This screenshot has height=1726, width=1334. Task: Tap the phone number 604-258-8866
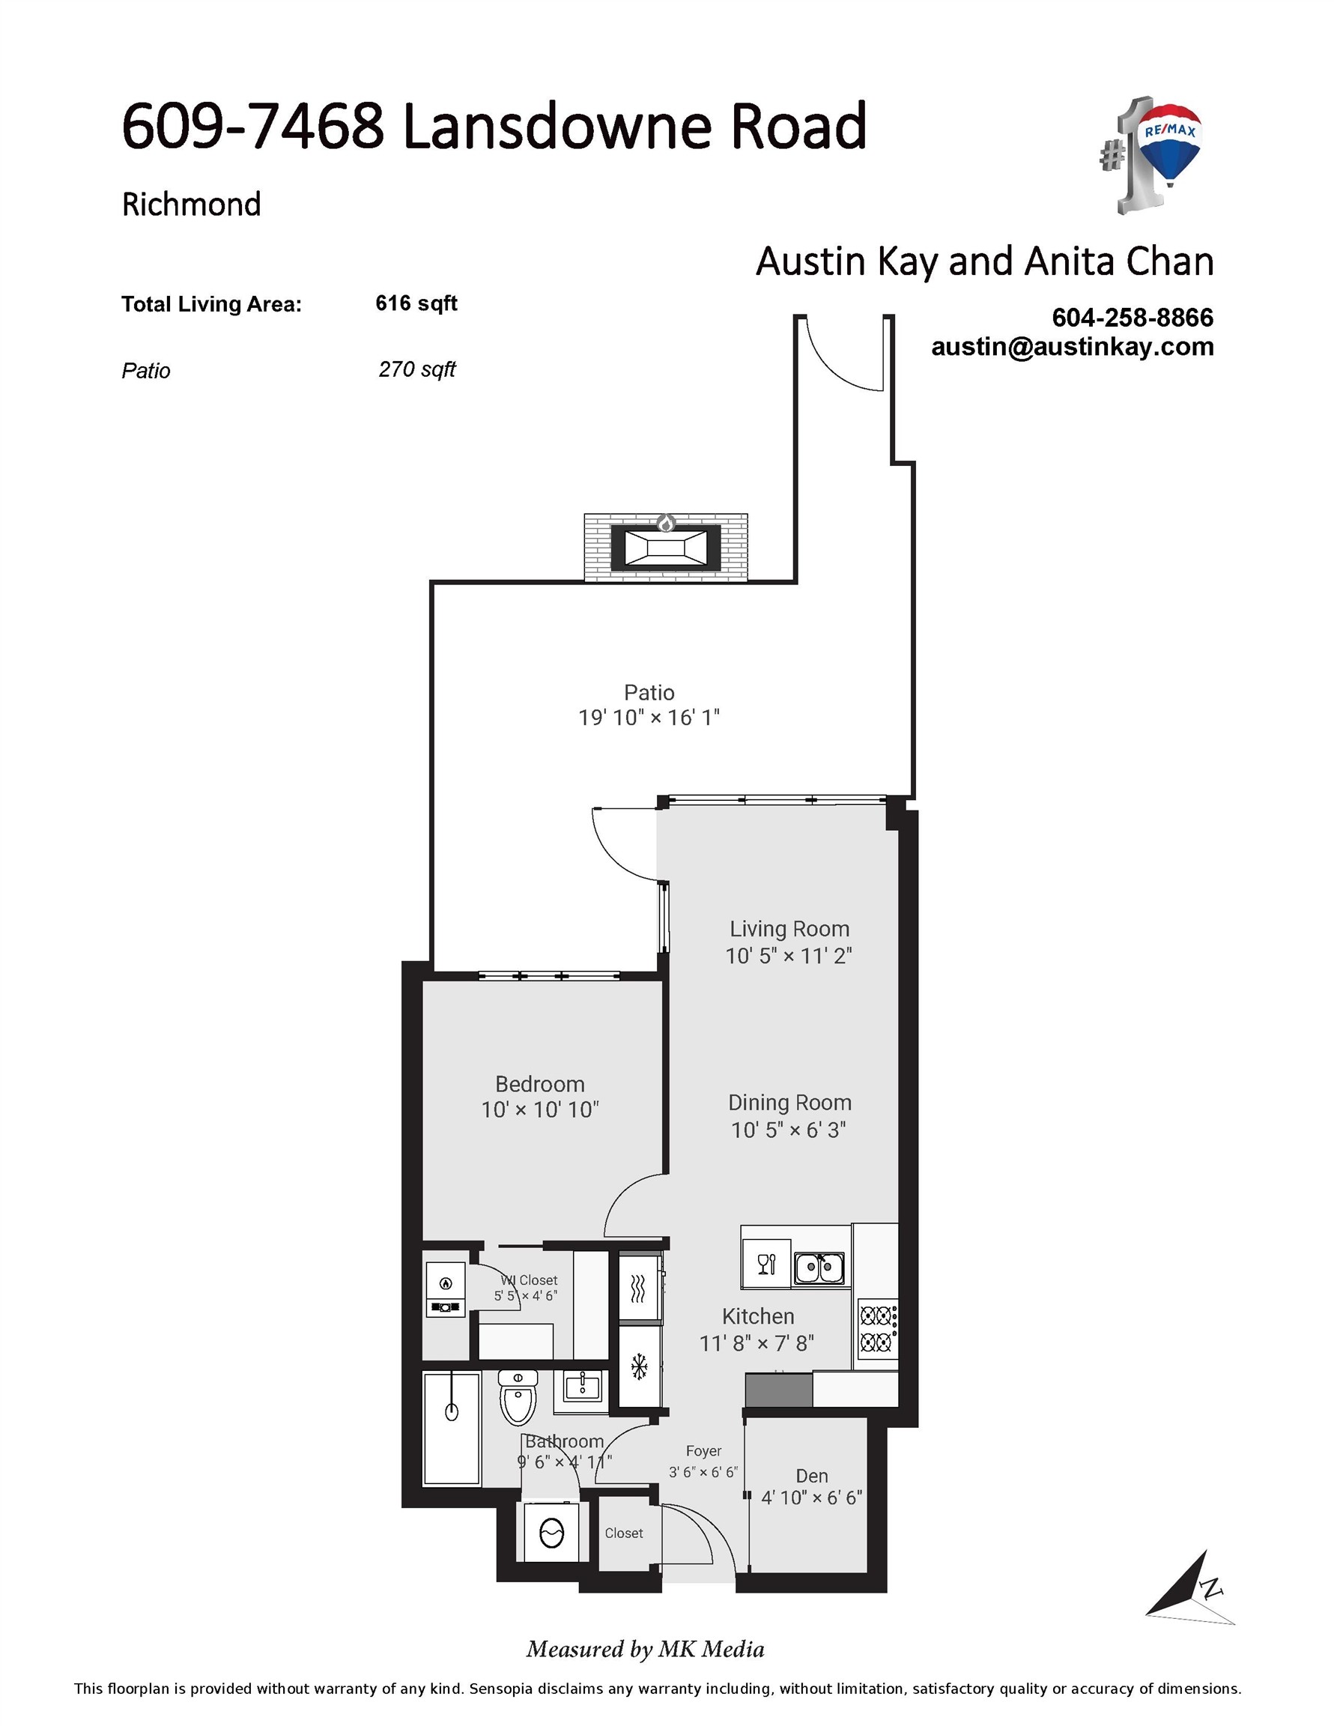click(x=1132, y=318)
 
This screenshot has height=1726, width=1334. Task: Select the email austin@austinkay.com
click(x=1072, y=347)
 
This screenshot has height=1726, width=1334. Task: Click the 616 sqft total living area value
click(x=416, y=303)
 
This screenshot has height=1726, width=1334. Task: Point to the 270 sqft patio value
click(x=417, y=370)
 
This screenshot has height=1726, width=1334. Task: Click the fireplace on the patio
click(x=665, y=547)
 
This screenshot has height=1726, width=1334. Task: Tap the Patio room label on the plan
click(x=649, y=692)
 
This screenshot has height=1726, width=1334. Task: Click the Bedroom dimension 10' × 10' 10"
click(x=541, y=1110)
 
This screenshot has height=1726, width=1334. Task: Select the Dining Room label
click(x=789, y=1103)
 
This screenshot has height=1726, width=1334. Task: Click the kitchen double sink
click(x=819, y=1268)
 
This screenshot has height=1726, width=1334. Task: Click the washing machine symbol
click(x=551, y=1533)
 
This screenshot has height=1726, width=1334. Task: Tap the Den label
click(x=812, y=1477)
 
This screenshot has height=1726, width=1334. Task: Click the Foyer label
click(x=703, y=1451)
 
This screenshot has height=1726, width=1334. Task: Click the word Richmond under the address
click(x=191, y=205)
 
